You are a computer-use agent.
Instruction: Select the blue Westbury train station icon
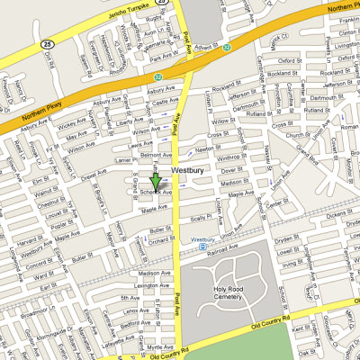pyautogui.click(x=203, y=247)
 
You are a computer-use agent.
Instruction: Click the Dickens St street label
pyautogui.click(x=338, y=215)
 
